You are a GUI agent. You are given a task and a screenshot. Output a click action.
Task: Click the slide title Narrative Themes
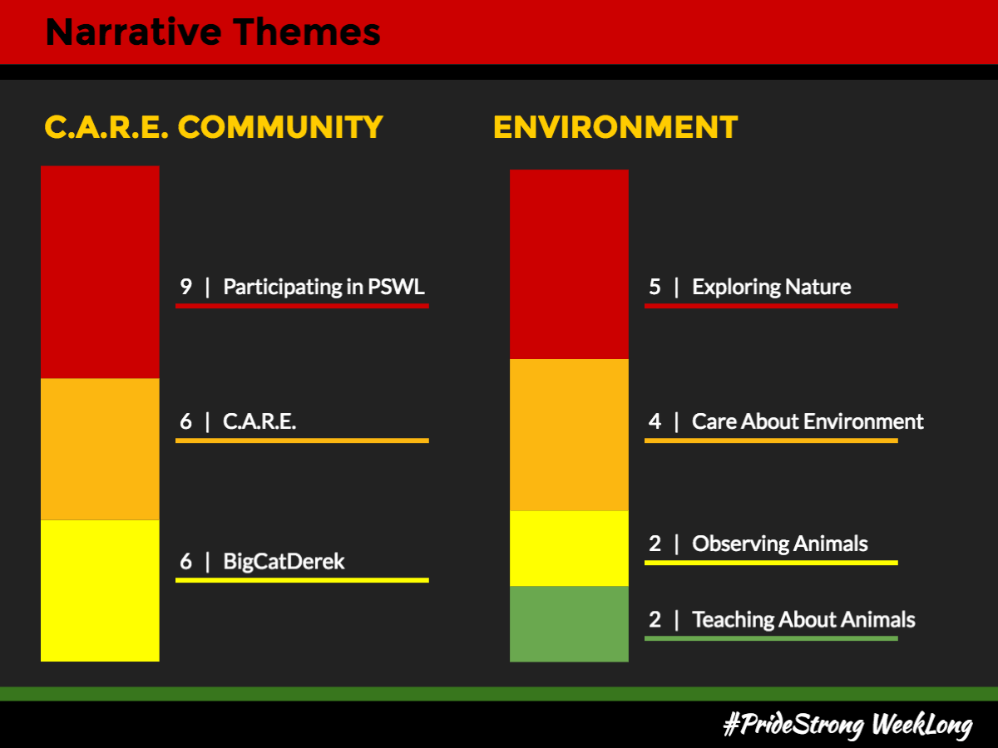[213, 32]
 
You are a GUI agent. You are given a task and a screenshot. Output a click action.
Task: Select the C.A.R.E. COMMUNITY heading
[214, 126]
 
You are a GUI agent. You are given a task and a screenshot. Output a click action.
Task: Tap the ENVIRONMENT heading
[615, 126]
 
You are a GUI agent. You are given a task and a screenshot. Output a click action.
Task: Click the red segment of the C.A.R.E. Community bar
[100, 272]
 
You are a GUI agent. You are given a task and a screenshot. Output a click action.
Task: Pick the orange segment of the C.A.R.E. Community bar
[100, 449]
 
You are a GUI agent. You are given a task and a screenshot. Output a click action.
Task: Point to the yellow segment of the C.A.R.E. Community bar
[100, 590]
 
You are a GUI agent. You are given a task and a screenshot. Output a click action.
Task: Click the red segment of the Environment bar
[569, 264]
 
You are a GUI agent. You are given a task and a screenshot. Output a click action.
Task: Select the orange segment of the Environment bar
[569, 435]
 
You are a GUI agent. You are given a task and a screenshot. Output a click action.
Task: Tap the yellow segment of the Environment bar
[569, 549]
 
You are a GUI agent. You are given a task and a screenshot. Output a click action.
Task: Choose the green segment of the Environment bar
[569, 624]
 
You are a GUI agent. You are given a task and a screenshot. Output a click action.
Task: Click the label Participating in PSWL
[324, 288]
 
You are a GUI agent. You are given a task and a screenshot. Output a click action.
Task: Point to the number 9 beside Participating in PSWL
[186, 287]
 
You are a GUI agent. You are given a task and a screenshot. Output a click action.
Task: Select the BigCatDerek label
[284, 562]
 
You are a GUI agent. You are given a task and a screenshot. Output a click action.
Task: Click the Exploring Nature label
[772, 288]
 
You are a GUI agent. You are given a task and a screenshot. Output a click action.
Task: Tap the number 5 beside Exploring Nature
[655, 287]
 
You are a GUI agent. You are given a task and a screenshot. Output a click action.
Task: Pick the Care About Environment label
[808, 421]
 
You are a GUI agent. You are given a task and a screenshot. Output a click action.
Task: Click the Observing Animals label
[780, 544]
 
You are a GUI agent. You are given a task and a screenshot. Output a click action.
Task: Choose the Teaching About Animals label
[804, 619]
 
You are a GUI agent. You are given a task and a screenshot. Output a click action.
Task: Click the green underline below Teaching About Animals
[771, 638]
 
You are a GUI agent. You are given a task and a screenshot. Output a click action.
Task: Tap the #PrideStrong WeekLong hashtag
[848, 725]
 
